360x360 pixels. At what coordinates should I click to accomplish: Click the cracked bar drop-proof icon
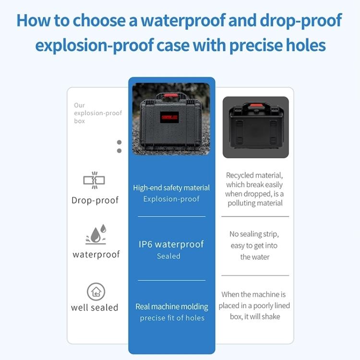[94, 180]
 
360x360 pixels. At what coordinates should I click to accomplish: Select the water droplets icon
[96, 234]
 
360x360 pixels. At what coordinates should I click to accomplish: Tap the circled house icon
[96, 291]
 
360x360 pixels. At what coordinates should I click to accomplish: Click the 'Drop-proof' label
[95, 201]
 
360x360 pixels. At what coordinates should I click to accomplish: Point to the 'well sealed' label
[95, 308]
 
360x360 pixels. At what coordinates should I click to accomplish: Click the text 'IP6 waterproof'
[171, 244]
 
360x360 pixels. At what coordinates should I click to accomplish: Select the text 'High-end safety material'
[171, 188]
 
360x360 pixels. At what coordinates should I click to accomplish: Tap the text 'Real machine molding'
[172, 307]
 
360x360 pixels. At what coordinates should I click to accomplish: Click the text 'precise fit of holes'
[172, 318]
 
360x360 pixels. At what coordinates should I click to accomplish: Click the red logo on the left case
[169, 117]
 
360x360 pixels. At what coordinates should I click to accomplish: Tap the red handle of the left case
[171, 96]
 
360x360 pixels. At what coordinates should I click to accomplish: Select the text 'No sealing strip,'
[254, 234]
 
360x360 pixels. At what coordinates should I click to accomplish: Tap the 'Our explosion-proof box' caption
[98, 113]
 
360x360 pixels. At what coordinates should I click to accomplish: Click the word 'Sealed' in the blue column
[169, 256]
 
